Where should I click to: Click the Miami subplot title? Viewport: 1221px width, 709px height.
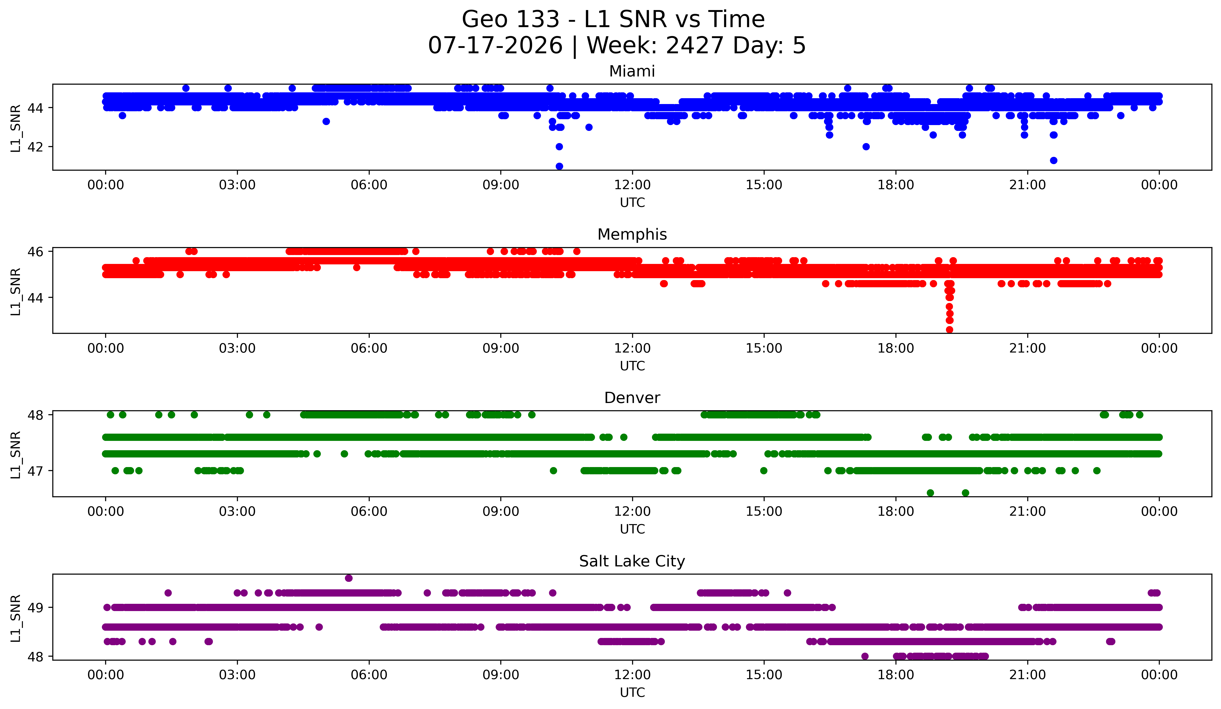pos(632,71)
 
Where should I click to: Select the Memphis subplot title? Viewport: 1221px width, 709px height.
pos(632,234)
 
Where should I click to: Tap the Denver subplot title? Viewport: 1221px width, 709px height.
pos(632,398)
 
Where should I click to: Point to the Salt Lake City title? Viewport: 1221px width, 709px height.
pos(632,561)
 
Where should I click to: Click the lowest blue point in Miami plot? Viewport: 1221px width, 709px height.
pos(559,166)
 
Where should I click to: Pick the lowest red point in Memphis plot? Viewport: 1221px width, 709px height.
pos(950,330)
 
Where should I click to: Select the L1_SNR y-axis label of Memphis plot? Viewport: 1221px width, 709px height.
pos(15,292)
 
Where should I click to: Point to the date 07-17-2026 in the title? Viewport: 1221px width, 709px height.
pos(495,46)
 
